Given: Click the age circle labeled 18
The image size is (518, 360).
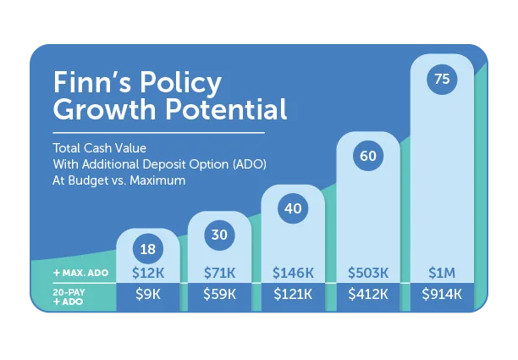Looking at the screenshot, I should tap(146, 250).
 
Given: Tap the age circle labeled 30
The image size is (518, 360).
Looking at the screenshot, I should tap(219, 235).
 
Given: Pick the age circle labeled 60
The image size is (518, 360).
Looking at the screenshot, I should tap(367, 156).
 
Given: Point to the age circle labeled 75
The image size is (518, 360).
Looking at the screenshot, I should tap(441, 80).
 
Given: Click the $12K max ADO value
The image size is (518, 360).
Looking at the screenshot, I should tap(146, 274).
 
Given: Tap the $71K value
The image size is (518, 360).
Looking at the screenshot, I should tap(219, 274).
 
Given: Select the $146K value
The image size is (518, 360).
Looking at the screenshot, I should tap(293, 274).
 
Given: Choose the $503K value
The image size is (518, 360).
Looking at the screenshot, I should tap(367, 274).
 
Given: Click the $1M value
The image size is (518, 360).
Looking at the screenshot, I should tap(441, 274).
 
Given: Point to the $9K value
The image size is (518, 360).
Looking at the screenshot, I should tap(146, 295).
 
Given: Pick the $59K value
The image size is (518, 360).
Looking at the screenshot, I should tap(219, 295).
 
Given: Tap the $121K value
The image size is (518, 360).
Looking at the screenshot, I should tap(293, 295).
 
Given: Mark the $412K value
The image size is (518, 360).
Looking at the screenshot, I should tap(367, 295).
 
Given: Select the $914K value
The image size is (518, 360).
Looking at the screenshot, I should tap(441, 295).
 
